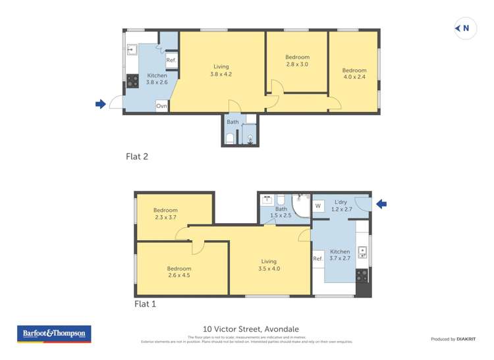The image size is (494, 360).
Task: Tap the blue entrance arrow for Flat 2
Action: [101, 103]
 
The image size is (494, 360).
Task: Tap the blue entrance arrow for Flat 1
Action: [381, 204]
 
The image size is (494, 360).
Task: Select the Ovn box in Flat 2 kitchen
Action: [161, 105]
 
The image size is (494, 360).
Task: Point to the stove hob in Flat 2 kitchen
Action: [132, 81]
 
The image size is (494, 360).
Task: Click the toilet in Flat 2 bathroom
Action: [230, 138]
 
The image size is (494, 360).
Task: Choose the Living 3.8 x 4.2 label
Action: [221, 70]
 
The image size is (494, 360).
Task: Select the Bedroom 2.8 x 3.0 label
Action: [296, 61]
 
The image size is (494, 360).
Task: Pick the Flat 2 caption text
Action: [136, 157]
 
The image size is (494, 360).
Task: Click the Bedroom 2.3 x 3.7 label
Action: [165, 214]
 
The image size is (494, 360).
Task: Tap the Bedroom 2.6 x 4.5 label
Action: [178, 272]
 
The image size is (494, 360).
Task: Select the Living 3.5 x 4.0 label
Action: [269, 265]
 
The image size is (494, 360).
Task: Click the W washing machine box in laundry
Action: [318, 206]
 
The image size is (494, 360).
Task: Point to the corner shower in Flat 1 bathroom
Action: [301, 206]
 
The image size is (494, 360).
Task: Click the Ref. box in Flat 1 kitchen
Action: [317, 259]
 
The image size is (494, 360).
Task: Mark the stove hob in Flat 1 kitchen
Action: [362, 274]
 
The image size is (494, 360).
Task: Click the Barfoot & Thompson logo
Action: [54, 334]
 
